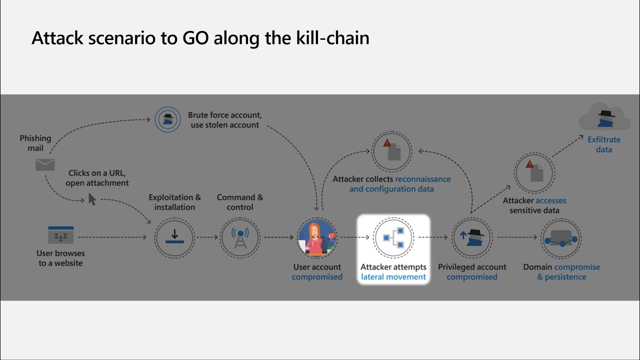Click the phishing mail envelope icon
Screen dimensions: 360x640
(x=45, y=164)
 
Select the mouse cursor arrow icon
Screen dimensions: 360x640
(x=92, y=199)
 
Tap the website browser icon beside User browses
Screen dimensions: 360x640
(x=60, y=235)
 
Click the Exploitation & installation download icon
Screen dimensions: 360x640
(x=174, y=237)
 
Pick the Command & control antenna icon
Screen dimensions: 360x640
(x=240, y=237)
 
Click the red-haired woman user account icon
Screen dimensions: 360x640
(x=316, y=237)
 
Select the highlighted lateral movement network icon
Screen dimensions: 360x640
(x=393, y=237)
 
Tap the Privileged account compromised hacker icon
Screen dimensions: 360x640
(x=472, y=237)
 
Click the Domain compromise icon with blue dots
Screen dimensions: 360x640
(x=561, y=237)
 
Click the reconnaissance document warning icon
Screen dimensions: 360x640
(x=391, y=150)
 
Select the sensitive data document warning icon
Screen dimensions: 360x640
(x=534, y=172)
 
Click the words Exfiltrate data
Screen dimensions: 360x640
(x=604, y=144)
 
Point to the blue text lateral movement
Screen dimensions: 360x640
(x=393, y=277)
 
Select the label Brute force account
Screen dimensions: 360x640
(x=224, y=115)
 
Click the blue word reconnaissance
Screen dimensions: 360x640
(x=422, y=179)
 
